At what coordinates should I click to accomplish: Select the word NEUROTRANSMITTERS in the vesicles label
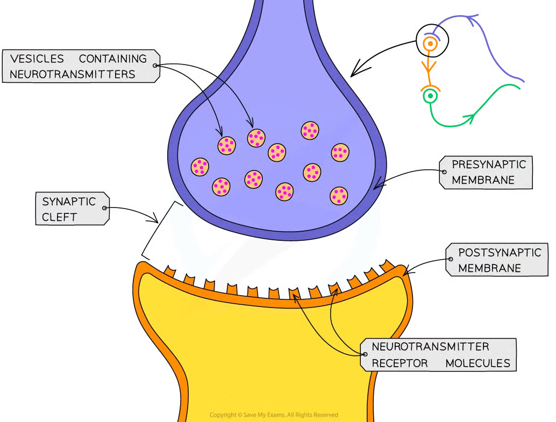pos(73,74)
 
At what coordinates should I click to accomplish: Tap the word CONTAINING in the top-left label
pos(113,59)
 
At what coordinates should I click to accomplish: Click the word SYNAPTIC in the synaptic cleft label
pos(69,202)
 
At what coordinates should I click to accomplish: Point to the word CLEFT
pos(60,217)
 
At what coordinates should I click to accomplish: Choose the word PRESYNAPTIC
pos(489,164)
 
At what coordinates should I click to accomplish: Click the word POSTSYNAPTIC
pos(500,253)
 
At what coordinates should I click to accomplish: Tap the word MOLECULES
pos(477,363)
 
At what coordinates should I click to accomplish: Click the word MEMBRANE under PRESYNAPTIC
pos(483,180)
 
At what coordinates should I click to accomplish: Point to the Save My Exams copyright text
pos(274,414)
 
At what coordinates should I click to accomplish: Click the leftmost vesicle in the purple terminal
pos(200,167)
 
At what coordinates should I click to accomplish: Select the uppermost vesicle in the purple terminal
pos(310,130)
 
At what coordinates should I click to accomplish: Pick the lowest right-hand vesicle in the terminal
pos(338,196)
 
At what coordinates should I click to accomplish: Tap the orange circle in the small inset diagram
pos(429,43)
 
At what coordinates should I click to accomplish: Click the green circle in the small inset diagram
pos(430,96)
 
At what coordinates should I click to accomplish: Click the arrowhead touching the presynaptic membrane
pos(377,185)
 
